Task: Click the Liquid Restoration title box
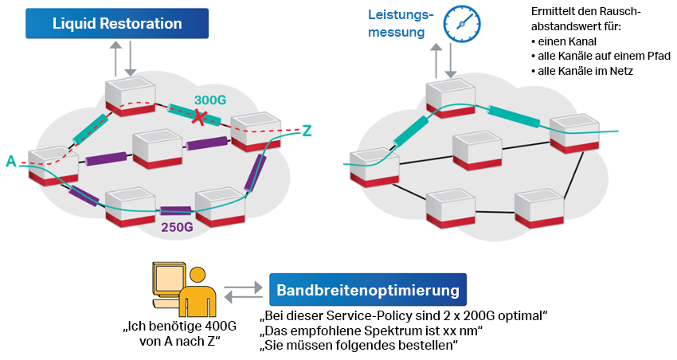tap(116, 23)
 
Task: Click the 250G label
tap(177, 228)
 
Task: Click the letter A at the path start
tap(10, 162)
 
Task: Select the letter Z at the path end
tap(307, 130)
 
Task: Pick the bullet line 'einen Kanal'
tap(562, 41)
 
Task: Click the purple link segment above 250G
tap(175, 211)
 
